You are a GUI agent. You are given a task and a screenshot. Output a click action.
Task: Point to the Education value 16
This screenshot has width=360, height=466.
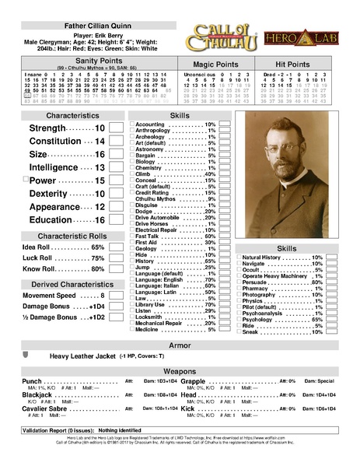(100, 220)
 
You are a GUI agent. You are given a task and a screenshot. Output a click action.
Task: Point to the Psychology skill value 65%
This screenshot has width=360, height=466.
(316, 319)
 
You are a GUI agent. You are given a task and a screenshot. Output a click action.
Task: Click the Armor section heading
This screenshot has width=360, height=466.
(180, 345)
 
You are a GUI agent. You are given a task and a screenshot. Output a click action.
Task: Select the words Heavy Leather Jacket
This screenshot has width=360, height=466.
(82, 356)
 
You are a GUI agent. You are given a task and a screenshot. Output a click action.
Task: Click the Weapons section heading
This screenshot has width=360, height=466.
(180, 372)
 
